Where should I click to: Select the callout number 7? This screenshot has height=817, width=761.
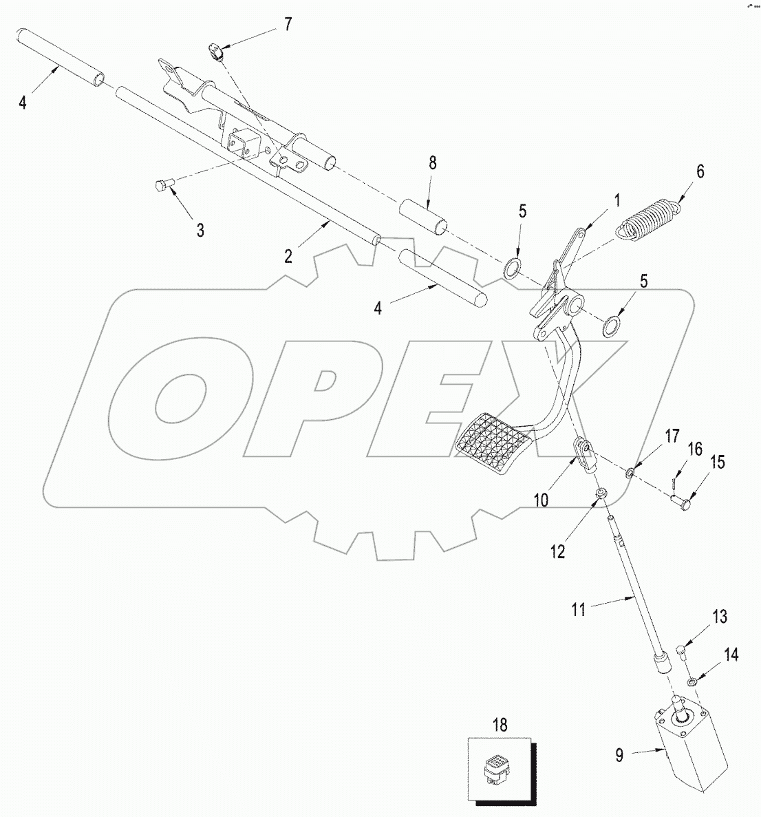click(x=287, y=24)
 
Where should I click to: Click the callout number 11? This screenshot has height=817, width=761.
click(x=579, y=609)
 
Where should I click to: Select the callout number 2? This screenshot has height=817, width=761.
click(x=288, y=256)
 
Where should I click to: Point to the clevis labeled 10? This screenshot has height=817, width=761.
click(x=584, y=456)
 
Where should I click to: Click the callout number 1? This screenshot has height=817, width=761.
click(x=617, y=200)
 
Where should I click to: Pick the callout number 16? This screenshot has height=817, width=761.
click(x=694, y=449)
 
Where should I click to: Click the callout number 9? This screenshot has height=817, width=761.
click(x=620, y=755)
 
